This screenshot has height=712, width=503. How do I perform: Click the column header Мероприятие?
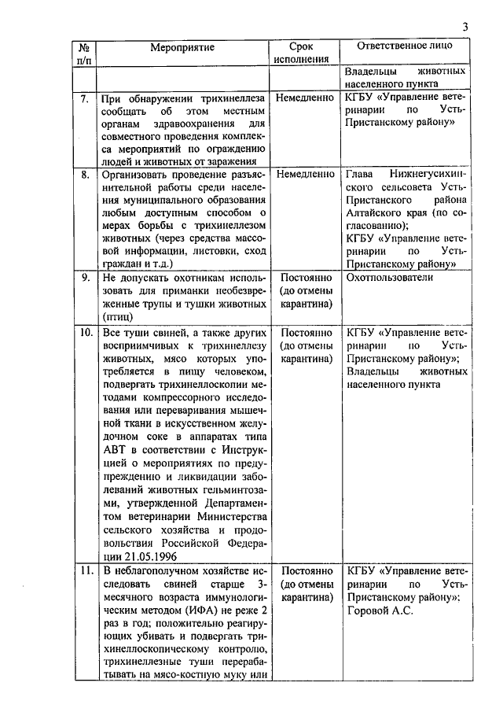point(182,47)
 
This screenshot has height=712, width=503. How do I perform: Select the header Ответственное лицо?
point(404,46)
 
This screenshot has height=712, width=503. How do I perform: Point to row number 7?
point(84,99)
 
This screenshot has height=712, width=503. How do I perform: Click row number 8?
point(84,174)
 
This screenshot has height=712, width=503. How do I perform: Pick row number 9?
point(84,278)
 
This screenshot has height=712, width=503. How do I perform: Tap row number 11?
point(84,569)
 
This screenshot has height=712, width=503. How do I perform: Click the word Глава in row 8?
point(362,174)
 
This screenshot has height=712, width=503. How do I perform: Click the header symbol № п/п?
point(84,53)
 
